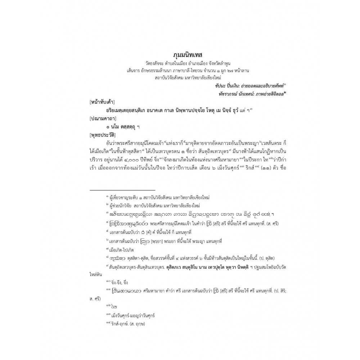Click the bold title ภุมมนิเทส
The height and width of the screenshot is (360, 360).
coord(180,55)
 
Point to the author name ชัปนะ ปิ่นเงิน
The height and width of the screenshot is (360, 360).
coord(222,86)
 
